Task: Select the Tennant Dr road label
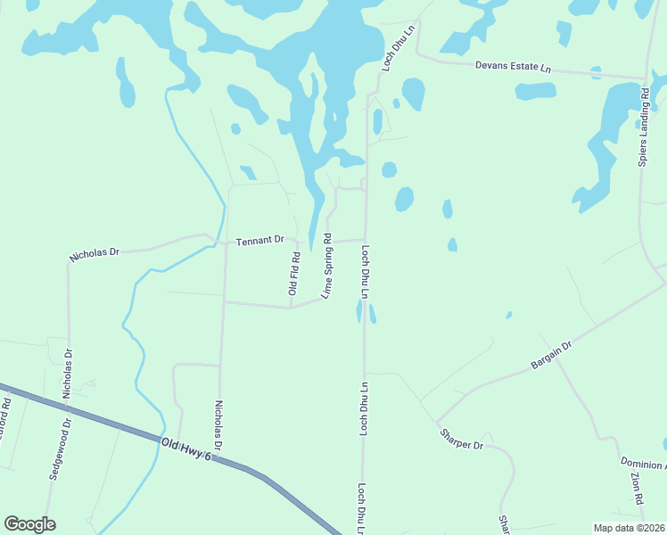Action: (259, 240)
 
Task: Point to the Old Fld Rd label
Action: (293, 274)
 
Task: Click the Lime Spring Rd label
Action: (326, 266)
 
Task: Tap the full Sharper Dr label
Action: (461, 440)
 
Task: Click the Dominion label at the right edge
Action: (643, 464)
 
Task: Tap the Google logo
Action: (29, 524)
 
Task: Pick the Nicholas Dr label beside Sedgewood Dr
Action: (69, 379)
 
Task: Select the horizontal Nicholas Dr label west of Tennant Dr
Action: (94, 253)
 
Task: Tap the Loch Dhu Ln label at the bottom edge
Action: (362, 509)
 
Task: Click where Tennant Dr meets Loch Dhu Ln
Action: (365, 239)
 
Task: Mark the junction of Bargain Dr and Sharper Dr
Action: (436, 421)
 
